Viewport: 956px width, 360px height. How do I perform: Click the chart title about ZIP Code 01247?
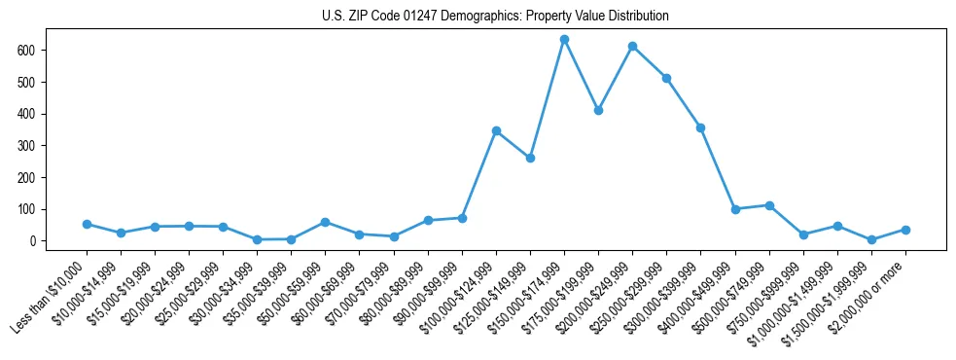[x=495, y=17]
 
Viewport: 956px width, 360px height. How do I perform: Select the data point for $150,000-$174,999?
[x=564, y=40]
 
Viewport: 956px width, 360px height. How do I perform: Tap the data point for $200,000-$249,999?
[x=632, y=46]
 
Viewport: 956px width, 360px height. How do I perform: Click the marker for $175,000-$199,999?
[x=598, y=110]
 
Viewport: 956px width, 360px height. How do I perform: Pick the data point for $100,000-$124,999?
[x=496, y=130]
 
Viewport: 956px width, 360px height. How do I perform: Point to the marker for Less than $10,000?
[x=87, y=224]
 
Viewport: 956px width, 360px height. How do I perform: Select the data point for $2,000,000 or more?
[x=905, y=230]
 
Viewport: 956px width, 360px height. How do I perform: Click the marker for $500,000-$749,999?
[x=769, y=205]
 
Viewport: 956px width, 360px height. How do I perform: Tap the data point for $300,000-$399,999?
[x=700, y=127]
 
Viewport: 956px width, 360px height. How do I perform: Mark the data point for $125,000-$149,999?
[x=530, y=158]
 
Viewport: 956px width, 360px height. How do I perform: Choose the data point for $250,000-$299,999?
[x=666, y=78]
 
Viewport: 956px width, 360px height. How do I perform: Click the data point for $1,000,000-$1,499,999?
[x=837, y=226]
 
